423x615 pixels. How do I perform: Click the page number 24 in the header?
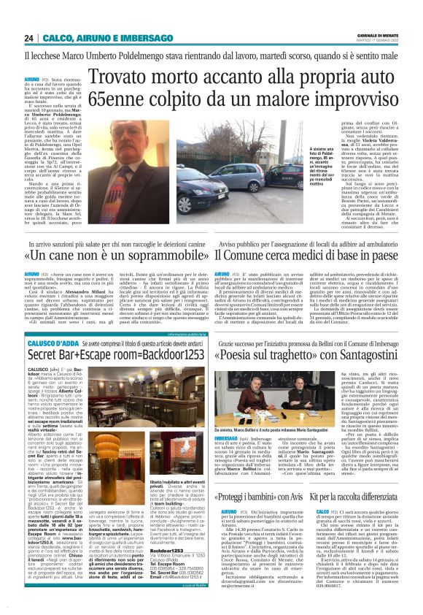(28, 38)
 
